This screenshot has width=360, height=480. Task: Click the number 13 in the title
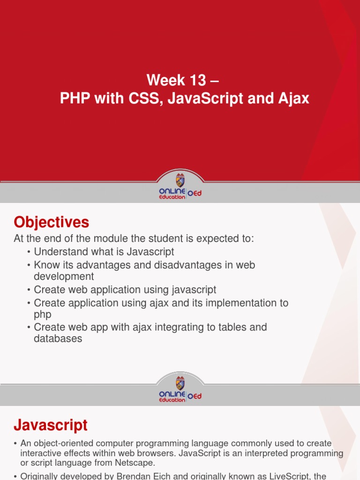pos(197,80)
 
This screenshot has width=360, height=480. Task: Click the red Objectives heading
pos(51,222)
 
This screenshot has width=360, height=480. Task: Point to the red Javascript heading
pos(50,425)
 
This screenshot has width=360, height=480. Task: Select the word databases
pos(58,338)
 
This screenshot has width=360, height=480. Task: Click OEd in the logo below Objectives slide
pos(195,397)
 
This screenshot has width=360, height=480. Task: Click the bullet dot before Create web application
pos(29,290)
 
